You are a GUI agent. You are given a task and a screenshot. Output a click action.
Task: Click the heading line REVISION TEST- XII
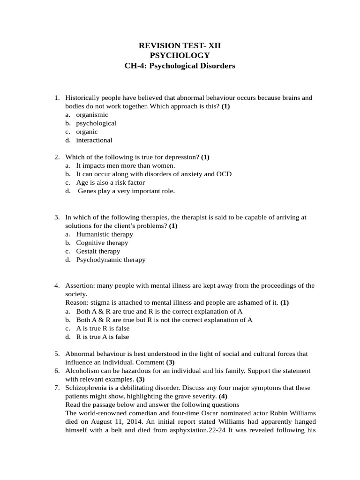tap(180, 45)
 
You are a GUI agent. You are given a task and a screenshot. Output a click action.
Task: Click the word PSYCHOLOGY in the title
tap(180, 56)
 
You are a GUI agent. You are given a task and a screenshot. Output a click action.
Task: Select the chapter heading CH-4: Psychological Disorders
tap(180, 66)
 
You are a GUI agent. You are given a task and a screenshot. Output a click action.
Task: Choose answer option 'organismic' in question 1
tap(92, 115)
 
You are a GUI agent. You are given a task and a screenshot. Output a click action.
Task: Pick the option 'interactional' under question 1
tap(94, 140)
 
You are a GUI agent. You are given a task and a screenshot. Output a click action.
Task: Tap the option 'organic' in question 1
tap(87, 132)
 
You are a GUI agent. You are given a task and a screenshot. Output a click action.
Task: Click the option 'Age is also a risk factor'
tap(110, 182)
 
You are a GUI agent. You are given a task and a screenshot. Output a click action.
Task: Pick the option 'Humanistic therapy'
tap(105, 234)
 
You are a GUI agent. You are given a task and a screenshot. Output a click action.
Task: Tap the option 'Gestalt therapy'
tap(98, 251)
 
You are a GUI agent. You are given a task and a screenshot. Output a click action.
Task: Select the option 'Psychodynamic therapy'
tap(111, 259)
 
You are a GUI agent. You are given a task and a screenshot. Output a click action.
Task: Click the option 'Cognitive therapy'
tap(102, 242)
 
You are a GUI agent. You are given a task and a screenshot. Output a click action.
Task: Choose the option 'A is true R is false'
tap(103, 328)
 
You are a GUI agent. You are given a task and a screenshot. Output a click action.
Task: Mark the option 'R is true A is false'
tap(103, 337)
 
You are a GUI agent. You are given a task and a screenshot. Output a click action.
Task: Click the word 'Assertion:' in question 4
tap(79, 285)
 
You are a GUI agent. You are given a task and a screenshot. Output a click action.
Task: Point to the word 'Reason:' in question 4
tap(76, 302)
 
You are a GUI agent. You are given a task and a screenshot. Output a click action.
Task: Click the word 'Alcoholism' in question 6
tap(81, 371)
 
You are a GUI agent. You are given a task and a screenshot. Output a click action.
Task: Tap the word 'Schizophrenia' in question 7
tap(86, 388)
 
